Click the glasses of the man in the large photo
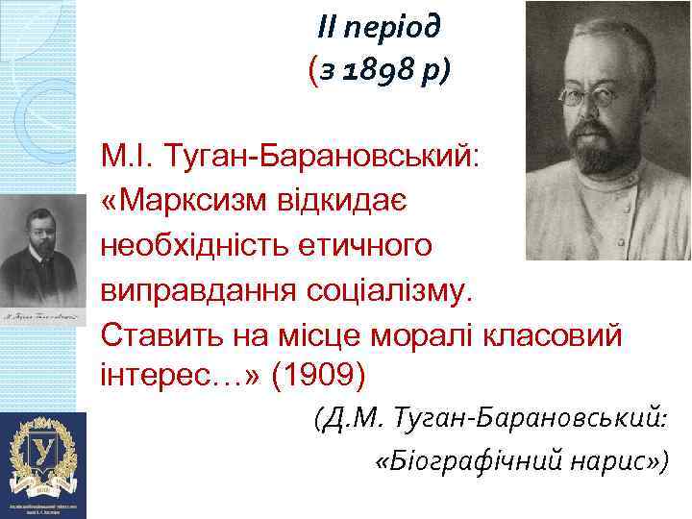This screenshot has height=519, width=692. pos(589,96)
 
